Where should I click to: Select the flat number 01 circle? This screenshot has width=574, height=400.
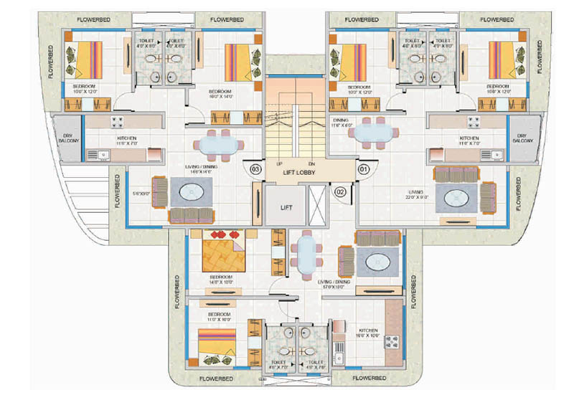[363, 170]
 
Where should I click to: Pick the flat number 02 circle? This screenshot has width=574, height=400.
[341, 191]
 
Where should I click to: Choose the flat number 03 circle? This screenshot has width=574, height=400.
[255, 169]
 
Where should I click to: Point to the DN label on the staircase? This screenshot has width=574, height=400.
[311, 164]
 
